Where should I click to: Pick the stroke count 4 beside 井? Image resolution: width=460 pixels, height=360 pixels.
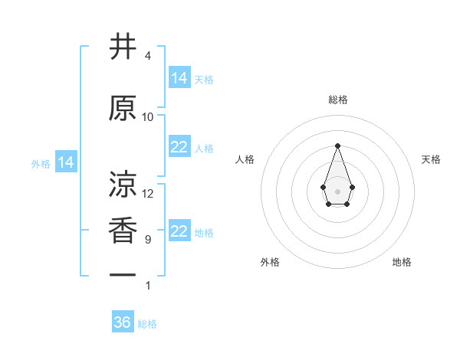click(148, 56)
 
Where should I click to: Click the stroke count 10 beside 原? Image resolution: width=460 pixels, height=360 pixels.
click(148, 117)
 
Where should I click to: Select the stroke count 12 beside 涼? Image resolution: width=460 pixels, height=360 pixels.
click(148, 194)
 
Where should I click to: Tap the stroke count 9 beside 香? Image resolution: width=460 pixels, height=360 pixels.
click(148, 240)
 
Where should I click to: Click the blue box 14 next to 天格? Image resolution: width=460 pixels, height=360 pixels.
click(179, 78)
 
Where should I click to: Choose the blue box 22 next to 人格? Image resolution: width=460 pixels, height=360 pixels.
click(179, 147)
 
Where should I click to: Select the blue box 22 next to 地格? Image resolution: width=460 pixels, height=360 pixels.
click(179, 231)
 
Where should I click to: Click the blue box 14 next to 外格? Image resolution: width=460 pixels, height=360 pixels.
click(66, 162)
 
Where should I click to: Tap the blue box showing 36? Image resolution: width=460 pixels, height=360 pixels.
click(123, 322)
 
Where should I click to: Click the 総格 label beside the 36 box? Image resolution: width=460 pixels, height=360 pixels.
click(148, 324)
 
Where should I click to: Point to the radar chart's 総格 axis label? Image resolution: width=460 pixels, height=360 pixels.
click(338, 100)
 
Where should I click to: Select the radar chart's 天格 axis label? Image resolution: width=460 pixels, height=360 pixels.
click(432, 159)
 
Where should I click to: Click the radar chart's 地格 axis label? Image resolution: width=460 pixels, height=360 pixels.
click(402, 262)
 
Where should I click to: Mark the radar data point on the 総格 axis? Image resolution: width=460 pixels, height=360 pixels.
click(337, 145)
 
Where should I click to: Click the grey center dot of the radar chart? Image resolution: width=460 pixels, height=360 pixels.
click(337, 191)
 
